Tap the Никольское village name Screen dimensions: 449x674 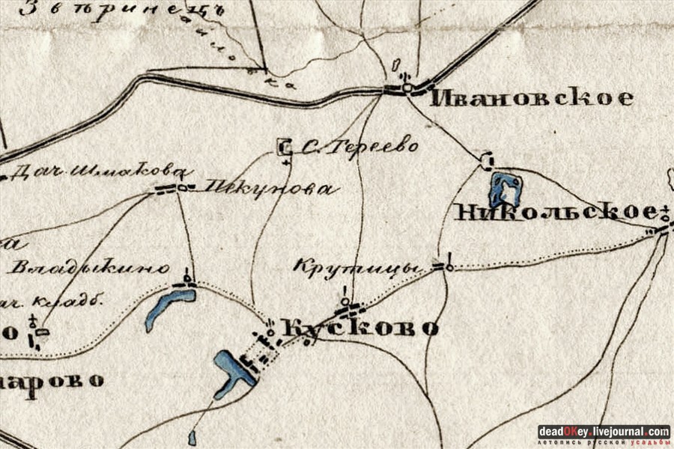click(x=555, y=213)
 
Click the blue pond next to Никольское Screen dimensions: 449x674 click(x=505, y=189)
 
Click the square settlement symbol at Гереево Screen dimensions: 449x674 click(x=285, y=147)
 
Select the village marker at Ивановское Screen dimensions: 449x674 click(x=406, y=88)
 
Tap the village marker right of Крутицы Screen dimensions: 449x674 click(x=447, y=266)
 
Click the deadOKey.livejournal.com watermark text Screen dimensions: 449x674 click(x=604, y=432)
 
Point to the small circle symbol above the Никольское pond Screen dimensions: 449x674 click(x=488, y=161)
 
